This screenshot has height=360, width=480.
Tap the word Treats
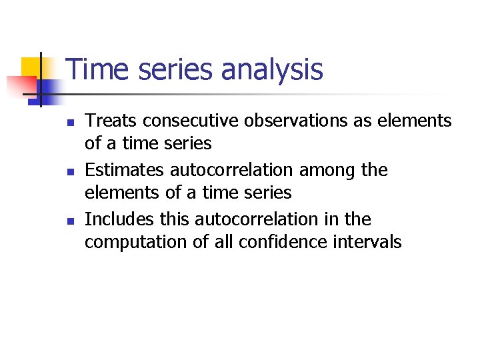coord(111,121)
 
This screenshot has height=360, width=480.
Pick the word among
coord(327,170)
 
